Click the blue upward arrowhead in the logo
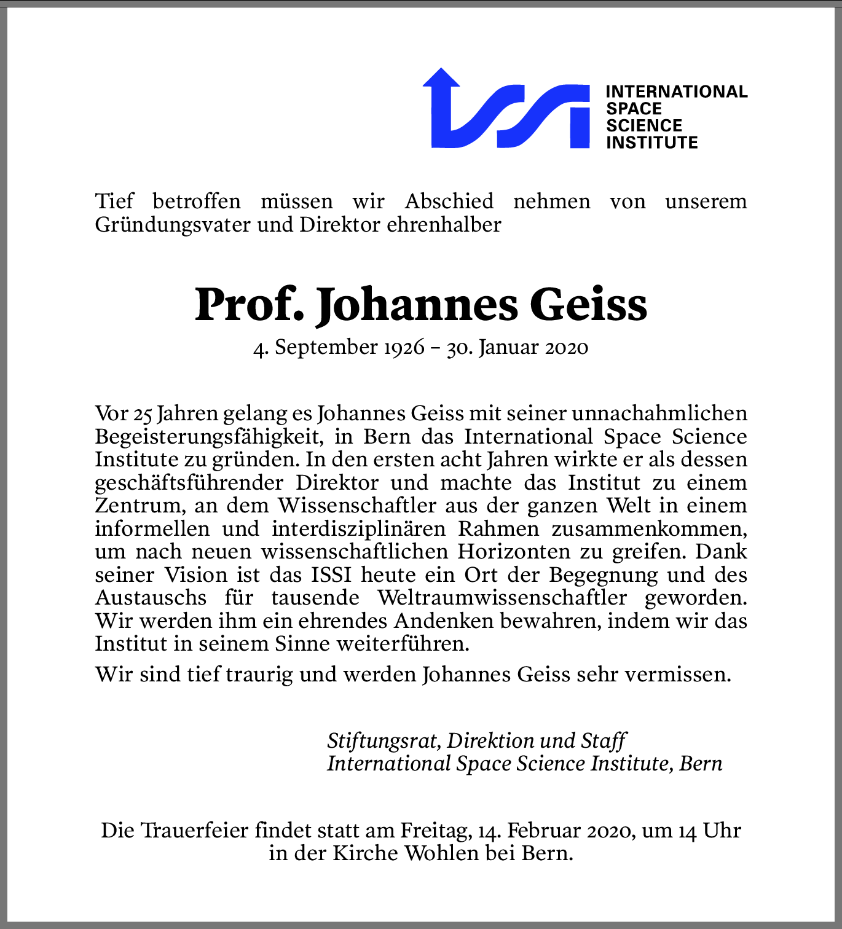click(441, 78)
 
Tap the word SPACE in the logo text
click(634, 109)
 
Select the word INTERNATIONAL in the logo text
click(676, 92)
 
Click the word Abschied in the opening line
click(449, 202)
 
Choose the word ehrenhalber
click(444, 225)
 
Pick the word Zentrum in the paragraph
click(138, 506)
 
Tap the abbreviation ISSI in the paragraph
click(331, 575)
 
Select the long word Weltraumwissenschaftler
click(502, 598)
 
